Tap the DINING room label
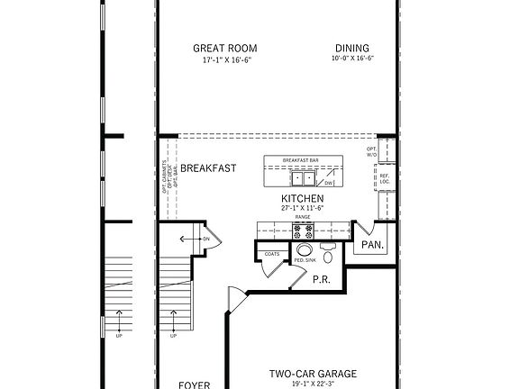(x=351, y=49)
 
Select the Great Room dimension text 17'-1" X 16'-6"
(x=226, y=60)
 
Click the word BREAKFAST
(x=208, y=168)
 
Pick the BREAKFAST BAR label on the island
(x=302, y=160)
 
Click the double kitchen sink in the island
(x=302, y=178)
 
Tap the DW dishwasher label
(x=330, y=183)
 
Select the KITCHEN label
(x=302, y=198)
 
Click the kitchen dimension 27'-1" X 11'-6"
(x=302, y=208)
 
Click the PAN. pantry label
(x=372, y=244)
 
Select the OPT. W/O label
(x=372, y=151)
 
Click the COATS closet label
(x=271, y=255)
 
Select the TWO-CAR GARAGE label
(x=313, y=374)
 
